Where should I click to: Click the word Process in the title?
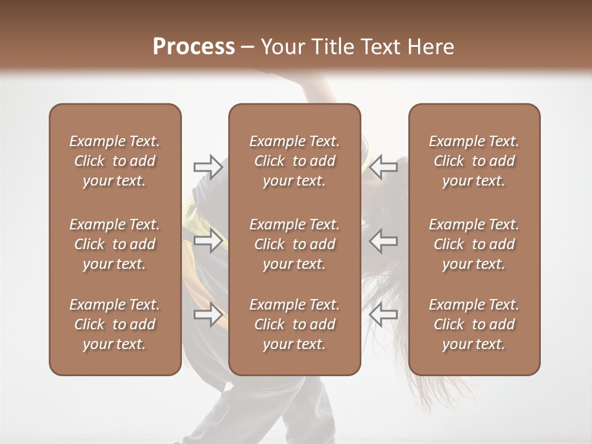pyautogui.click(x=194, y=47)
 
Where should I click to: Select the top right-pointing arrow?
pyautogui.click(x=208, y=167)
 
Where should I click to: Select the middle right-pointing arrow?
pyautogui.click(x=208, y=240)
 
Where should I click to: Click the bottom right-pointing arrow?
pyautogui.click(x=208, y=314)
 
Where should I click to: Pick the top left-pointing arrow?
pyautogui.click(x=383, y=167)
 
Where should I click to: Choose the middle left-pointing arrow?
pyautogui.click(x=383, y=240)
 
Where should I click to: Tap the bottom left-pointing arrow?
pyautogui.click(x=383, y=314)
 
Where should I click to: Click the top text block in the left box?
pyautogui.click(x=115, y=161)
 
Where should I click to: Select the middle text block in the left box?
pyautogui.click(x=115, y=244)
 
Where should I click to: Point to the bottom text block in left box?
pyautogui.click(x=115, y=324)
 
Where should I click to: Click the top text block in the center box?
pyautogui.click(x=294, y=161)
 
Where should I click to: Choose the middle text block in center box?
pyautogui.click(x=294, y=244)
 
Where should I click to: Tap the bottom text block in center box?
pyautogui.click(x=294, y=324)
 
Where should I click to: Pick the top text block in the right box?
pyautogui.click(x=474, y=161)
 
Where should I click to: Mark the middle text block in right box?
pyautogui.click(x=474, y=244)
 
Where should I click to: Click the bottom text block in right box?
pyautogui.click(x=474, y=324)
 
